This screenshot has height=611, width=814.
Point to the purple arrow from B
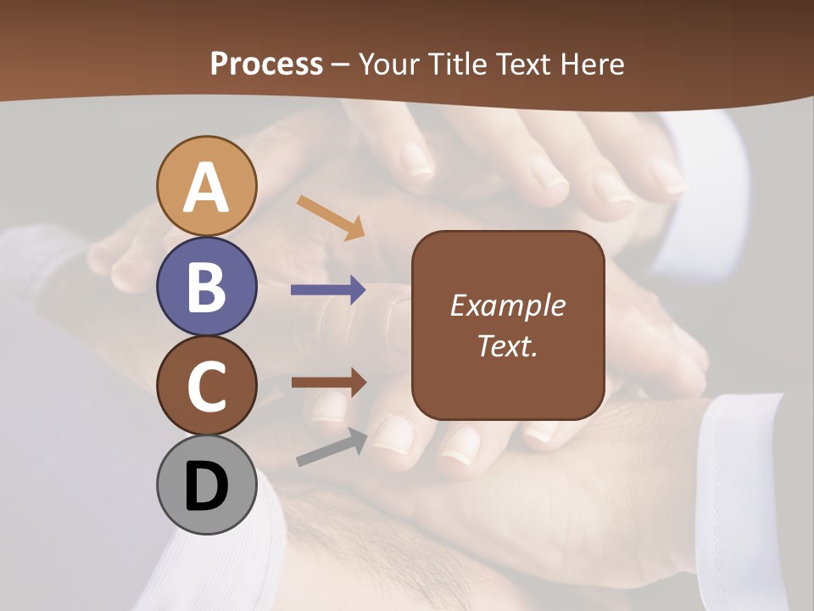click(x=328, y=290)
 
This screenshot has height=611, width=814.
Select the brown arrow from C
click(x=329, y=383)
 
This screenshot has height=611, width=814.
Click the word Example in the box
click(x=508, y=305)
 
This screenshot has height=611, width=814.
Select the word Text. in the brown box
click(x=508, y=345)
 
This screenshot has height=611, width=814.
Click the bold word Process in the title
click(x=266, y=64)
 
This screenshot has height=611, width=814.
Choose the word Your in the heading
click(x=390, y=64)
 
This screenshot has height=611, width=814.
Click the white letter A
click(x=206, y=188)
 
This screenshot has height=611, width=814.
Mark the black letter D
click(x=206, y=487)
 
